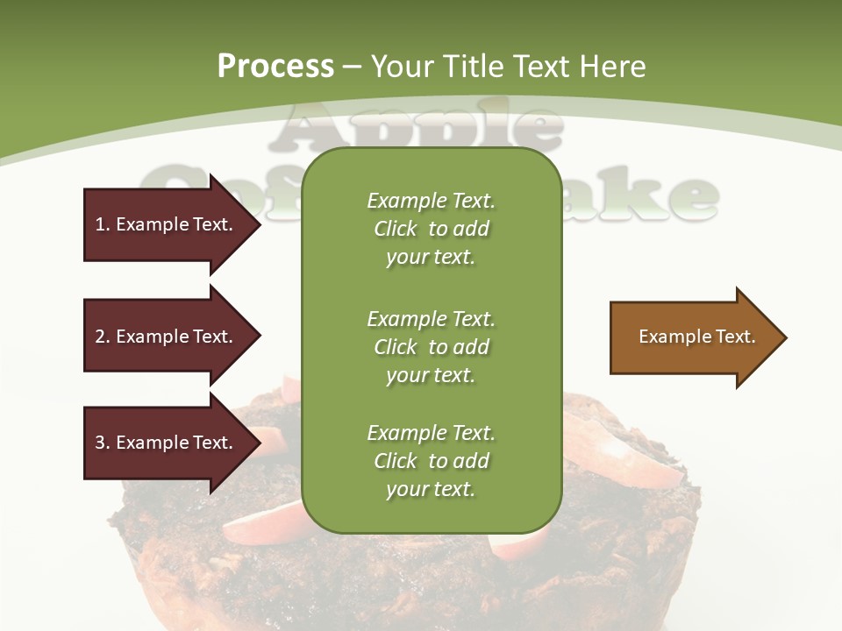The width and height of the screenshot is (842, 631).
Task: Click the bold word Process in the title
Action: [275, 67]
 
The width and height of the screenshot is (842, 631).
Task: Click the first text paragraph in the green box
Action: [431, 229]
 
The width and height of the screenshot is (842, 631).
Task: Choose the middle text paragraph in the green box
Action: [431, 347]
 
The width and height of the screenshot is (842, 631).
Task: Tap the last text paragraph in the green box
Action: [431, 461]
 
